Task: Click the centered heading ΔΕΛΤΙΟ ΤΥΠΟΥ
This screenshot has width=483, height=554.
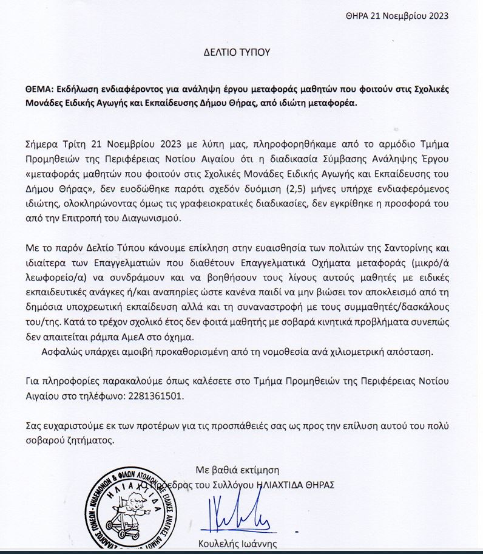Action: tap(241, 52)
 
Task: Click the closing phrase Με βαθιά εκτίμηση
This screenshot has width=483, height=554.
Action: tap(237, 469)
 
